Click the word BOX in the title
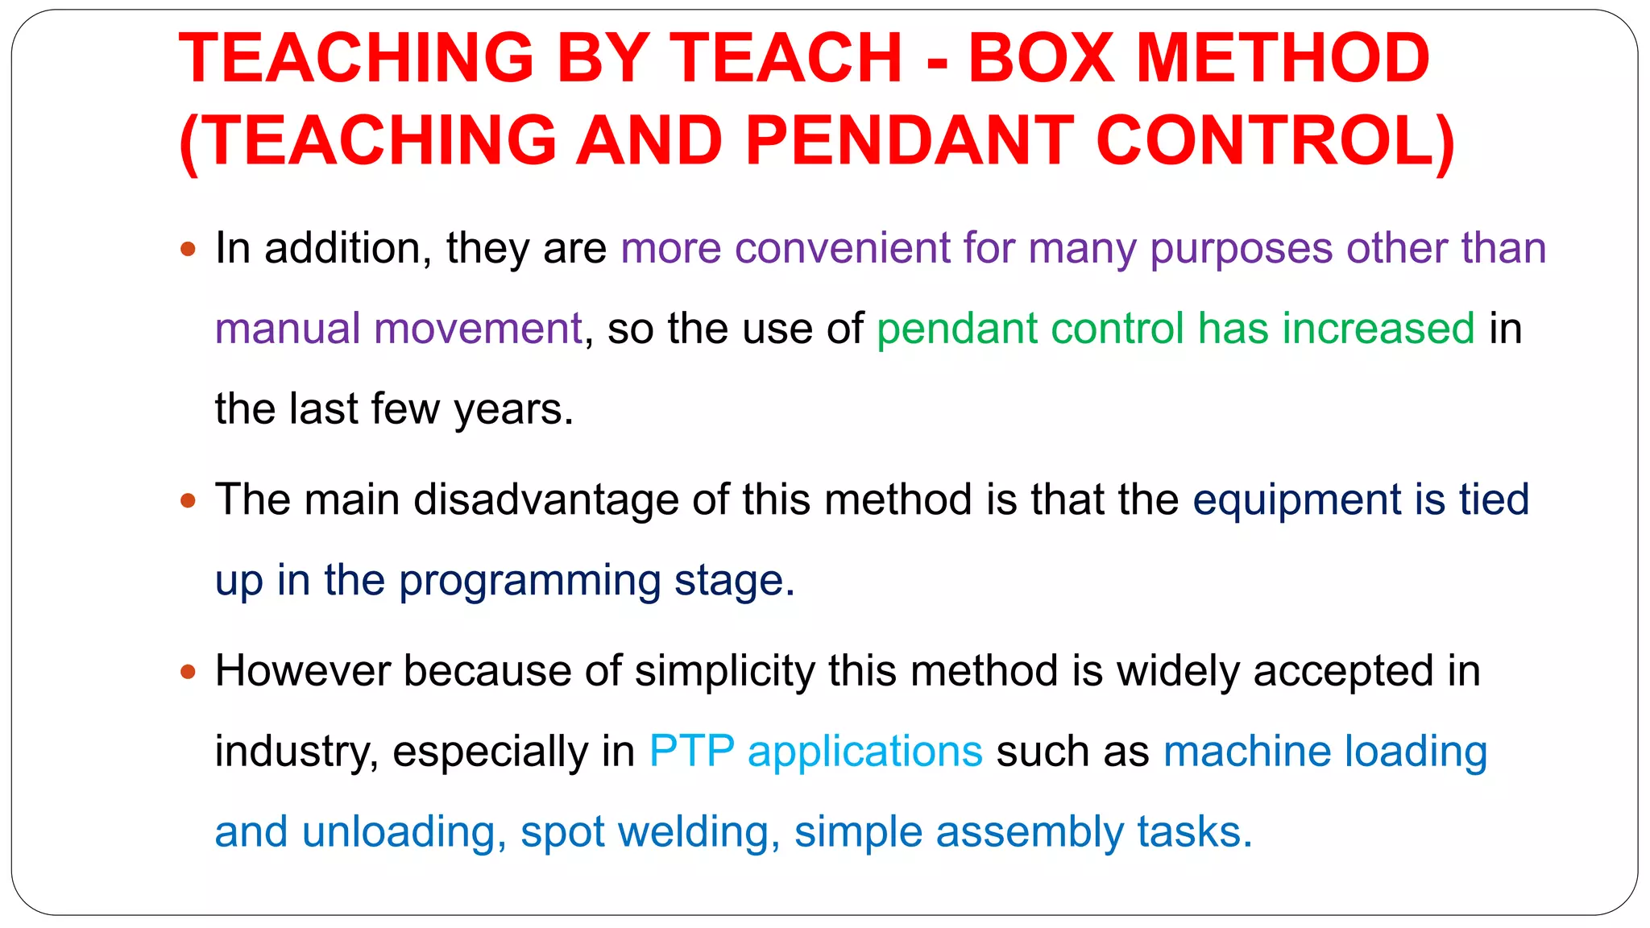(x=1041, y=58)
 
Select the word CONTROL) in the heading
(x=1275, y=140)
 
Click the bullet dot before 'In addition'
(x=189, y=249)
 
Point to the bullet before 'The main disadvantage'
(x=189, y=500)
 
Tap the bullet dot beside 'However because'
(x=189, y=671)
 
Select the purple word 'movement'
(x=478, y=329)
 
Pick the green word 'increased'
(x=1378, y=329)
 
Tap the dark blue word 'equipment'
(x=1297, y=501)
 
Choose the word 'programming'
(x=529, y=582)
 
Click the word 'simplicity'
(x=725, y=671)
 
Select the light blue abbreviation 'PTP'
(x=691, y=752)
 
